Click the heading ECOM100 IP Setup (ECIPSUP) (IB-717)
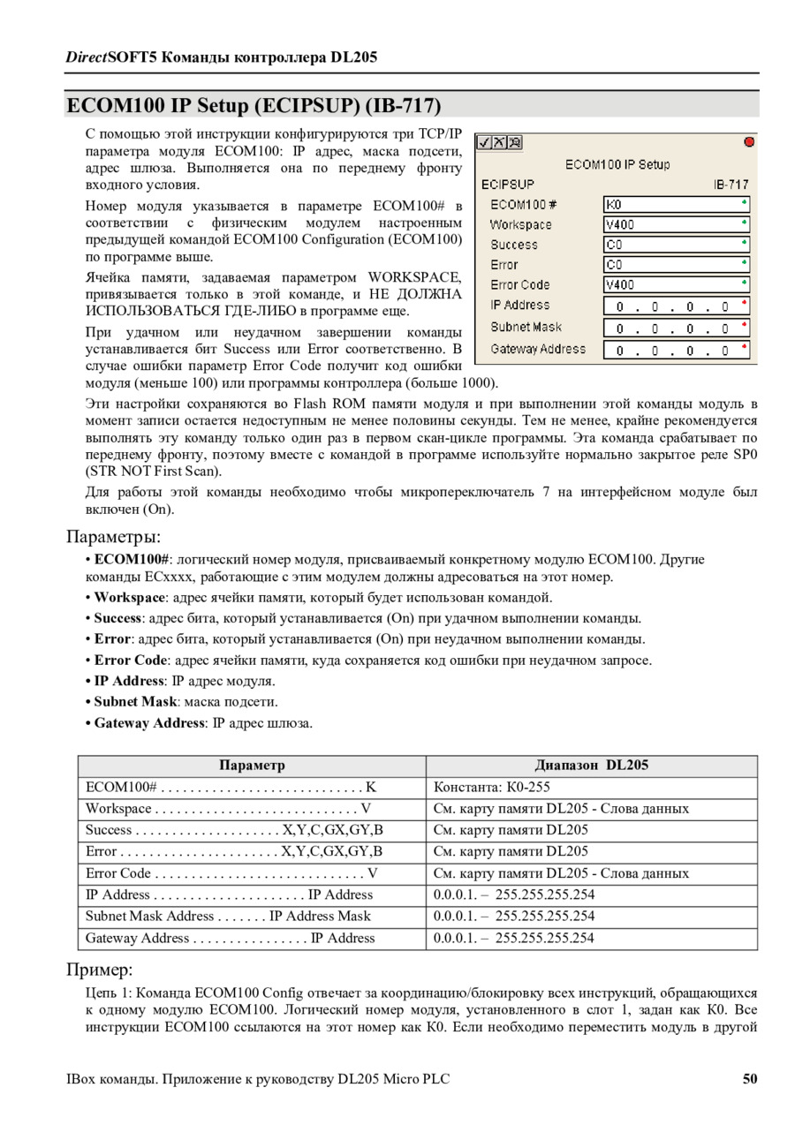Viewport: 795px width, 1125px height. click(254, 106)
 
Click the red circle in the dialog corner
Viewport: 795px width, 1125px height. click(749, 141)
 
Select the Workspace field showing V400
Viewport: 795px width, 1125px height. click(676, 224)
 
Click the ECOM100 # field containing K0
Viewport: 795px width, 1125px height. click(676, 204)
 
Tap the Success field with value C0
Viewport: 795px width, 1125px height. click(676, 245)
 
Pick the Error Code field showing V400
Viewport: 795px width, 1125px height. click(676, 284)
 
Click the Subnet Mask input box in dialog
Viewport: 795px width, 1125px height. click(676, 328)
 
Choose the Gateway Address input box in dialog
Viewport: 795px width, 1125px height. click(676, 351)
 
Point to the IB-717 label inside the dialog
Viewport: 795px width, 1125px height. click(731, 185)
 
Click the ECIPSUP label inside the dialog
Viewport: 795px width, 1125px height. click(508, 185)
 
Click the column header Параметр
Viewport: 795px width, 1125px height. click(252, 766)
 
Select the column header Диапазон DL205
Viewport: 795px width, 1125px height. click(591, 766)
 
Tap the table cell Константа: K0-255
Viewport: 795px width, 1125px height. click(492, 787)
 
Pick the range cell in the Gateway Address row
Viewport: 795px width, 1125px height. click(514, 938)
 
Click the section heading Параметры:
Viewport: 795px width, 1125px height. click(113, 537)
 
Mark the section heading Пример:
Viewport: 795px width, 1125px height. click(100, 970)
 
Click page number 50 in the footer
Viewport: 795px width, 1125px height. click(749, 1078)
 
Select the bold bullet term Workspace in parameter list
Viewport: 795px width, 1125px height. click(130, 597)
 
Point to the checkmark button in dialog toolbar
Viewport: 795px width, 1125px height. click(484, 142)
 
